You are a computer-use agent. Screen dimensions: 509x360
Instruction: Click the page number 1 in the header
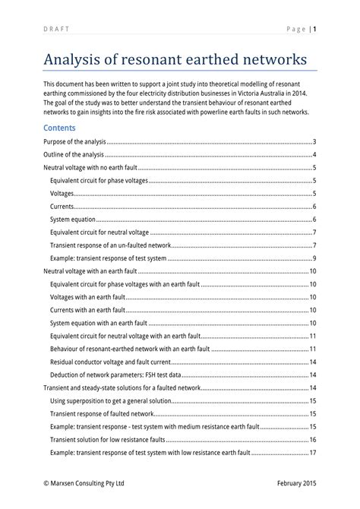click(314, 29)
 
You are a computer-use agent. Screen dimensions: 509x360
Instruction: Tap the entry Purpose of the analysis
click(74, 141)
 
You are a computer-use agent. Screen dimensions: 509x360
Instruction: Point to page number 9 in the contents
click(314, 259)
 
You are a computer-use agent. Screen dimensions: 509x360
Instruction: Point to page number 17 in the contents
click(312, 453)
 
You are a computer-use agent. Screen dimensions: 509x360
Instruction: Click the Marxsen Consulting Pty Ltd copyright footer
click(84, 483)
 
